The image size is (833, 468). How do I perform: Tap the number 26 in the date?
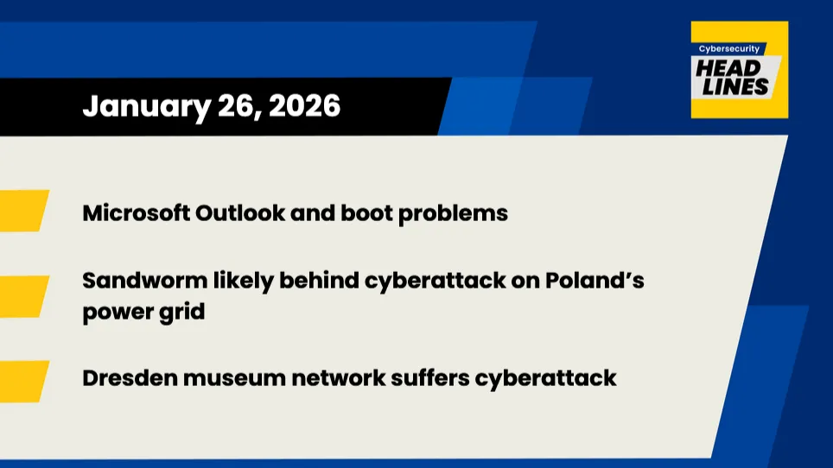[238, 106]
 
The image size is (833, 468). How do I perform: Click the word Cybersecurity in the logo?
[731, 49]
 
